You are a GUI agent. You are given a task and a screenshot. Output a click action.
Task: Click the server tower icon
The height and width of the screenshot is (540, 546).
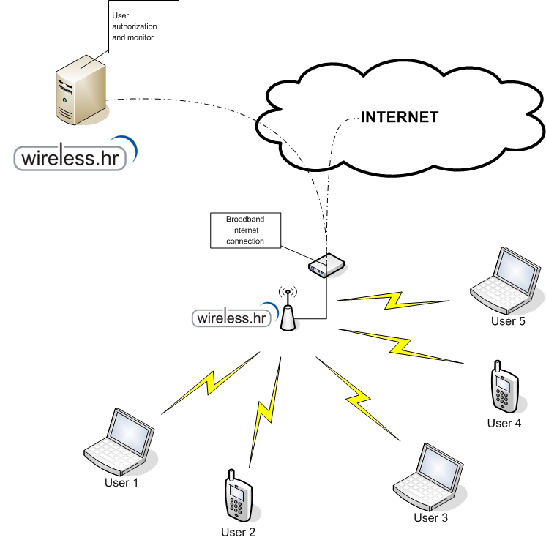(81, 90)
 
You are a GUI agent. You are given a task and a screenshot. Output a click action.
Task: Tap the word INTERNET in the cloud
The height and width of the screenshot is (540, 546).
(400, 117)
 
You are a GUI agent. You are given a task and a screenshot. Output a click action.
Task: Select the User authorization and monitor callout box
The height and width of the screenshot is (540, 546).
(143, 27)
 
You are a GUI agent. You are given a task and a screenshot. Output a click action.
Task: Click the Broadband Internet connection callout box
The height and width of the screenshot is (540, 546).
(245, 230)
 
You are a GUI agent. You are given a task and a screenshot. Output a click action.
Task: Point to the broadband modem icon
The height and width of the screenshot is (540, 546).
(326, 266)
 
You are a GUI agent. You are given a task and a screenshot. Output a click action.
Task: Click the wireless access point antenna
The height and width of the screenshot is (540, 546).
(288, 310)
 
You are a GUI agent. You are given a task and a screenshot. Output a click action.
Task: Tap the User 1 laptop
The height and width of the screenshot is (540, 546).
(119, 441)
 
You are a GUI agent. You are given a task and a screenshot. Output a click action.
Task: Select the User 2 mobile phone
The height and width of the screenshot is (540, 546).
(239, 495)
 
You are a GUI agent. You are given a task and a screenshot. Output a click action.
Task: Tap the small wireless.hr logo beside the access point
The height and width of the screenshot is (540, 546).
(236, 315)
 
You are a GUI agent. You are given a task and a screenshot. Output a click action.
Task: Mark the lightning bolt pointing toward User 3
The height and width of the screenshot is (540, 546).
(358, 399)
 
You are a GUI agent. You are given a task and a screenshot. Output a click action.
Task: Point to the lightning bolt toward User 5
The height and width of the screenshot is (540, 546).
(393, 301)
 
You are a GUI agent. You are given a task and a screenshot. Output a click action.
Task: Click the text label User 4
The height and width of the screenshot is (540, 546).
(504, 423)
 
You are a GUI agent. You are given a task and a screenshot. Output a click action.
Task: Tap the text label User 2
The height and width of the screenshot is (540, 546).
(238, 532)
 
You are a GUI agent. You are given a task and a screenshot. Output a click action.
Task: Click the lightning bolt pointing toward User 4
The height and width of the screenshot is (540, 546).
(400, 345)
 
